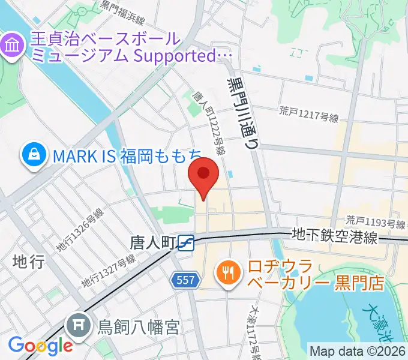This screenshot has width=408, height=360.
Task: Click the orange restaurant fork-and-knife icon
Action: coord(227,274)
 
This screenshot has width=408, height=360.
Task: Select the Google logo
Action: coord(40,345)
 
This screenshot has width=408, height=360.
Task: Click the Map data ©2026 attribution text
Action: coord(357,351)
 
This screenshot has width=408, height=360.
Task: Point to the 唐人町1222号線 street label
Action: coord(209,123)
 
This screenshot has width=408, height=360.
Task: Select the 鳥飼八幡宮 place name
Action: coord(139,328)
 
